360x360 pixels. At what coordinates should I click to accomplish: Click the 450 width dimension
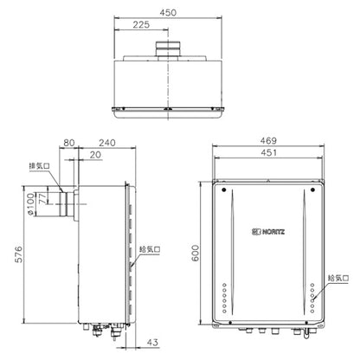168,13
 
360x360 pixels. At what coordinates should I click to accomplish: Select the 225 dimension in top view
141,25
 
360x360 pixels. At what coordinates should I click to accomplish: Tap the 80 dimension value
69,143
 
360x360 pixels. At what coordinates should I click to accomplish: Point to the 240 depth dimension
107,143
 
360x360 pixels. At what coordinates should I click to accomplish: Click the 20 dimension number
95,155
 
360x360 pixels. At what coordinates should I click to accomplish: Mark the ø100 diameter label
30,204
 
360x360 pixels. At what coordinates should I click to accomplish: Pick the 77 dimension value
42,199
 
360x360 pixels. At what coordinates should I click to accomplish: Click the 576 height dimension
18,254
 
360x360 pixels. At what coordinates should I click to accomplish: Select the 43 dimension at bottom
152,343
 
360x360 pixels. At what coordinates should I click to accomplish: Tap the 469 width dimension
268,141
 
